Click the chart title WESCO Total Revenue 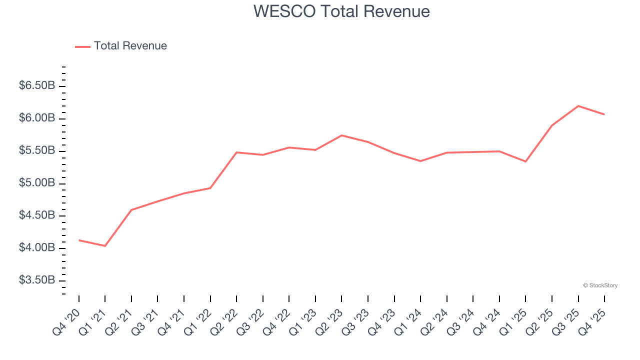341,11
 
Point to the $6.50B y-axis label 37,86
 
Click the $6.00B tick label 37,118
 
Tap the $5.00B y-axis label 37,183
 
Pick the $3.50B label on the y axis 37,280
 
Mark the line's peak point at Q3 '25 578,106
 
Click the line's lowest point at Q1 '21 105,246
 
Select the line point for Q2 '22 236,152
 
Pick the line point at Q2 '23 341,135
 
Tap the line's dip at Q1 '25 525,161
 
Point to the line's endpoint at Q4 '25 604,114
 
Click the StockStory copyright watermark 600,285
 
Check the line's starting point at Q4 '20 79,240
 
